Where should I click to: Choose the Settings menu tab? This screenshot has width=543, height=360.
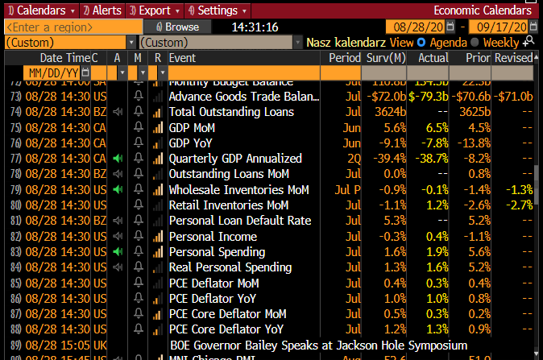pyautogui.click(x=216, y=10)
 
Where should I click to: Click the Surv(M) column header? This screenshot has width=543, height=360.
pyautogui.click(x=387, y=58)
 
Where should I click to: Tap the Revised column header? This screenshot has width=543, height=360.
pyautogui.click(x=513, y=58)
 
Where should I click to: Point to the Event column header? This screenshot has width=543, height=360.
pyautogui.click(x=182, y=58)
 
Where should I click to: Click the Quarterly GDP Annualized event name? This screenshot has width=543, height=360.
pyautogui.click(x=235, y=159)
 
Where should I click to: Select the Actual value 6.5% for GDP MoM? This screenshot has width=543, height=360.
pyautogui.click(x=436, y=128)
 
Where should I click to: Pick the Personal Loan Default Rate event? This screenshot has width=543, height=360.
pyautogui.click(x=239, y=221)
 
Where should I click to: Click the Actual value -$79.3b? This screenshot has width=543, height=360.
pyautogui.click(x=429, y=97)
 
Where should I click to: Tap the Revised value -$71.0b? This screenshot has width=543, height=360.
pyautogui.click(x=515, y=97)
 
